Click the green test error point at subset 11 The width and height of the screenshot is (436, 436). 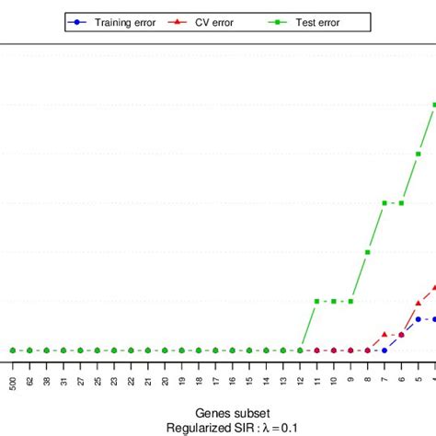317,301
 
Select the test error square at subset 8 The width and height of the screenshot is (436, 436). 368,252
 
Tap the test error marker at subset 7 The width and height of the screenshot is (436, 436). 384,202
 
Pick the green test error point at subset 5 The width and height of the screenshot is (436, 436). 419,154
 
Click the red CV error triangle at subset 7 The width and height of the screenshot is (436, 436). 384,334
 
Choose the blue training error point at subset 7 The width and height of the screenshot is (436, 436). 384,350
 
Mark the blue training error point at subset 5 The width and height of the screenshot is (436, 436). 419,319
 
